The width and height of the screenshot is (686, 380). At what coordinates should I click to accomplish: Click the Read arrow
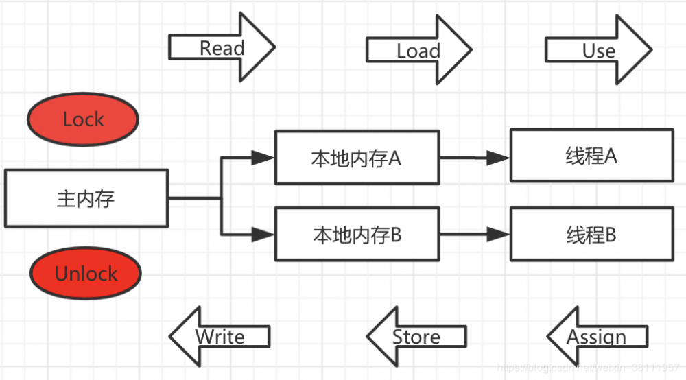[x=222, y=48]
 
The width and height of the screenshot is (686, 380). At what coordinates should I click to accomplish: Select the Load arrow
[x=418, y=49]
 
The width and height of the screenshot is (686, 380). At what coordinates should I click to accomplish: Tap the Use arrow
[x=598, y=49]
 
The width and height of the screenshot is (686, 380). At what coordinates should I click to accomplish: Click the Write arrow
[x=220, y=337]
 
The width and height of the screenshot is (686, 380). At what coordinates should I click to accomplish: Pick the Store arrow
[x=416, y=337]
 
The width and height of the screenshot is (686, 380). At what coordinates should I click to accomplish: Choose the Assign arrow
[x=597, y=337]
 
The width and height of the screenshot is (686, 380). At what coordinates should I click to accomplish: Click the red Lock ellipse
[x=83, y=119]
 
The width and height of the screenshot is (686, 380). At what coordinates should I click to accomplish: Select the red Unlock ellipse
[x=86, y=274]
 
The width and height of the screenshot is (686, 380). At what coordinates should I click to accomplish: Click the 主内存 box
[x=86, y=199]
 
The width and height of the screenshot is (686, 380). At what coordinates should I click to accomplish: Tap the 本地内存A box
[x=357, y=158]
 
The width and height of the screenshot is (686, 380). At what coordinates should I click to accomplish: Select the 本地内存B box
[x=357, y=235]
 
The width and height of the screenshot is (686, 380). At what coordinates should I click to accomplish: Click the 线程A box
[x=591, y=156]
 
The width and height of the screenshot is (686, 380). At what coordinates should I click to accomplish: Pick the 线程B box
[x=591, y=235]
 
